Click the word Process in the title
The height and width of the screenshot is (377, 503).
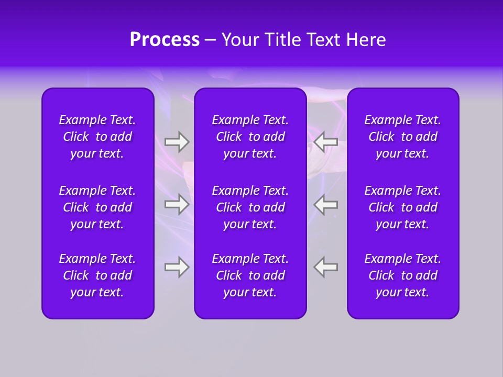pos(165,40)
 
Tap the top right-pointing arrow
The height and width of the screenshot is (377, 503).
pos(177,141)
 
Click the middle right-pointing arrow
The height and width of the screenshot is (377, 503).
pos(177,204)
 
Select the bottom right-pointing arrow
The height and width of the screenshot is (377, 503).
pos(177,267)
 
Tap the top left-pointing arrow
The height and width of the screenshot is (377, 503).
pos(326,141)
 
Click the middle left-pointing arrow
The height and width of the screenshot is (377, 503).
pos(326,204)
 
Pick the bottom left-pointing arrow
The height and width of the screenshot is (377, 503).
pos(326,267)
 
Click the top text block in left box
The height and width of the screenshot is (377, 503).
pos(97,137)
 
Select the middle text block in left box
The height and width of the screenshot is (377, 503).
pos(97,207)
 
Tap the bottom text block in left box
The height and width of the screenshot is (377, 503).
pos(97,275)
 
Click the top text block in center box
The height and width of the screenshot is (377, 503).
pos(250,137)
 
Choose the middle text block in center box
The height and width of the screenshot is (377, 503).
pos(250,207)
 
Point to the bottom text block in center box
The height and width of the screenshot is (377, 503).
pos(250,275)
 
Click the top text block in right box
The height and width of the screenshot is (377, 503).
pos(403,137)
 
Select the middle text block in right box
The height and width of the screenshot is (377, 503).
pos(403,207)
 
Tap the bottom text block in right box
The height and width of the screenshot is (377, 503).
pos(403,275)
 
